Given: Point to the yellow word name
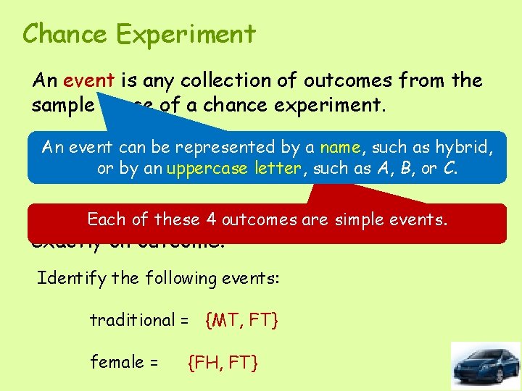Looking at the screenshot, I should (340, 148).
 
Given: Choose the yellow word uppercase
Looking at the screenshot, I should (207, 169).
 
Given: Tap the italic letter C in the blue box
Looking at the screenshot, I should (452, 169).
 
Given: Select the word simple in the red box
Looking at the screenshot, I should (358, 219).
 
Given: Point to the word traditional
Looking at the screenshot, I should (132, 319).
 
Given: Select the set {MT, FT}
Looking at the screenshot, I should (243, 319).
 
